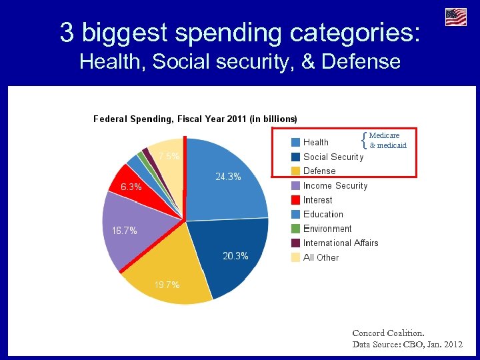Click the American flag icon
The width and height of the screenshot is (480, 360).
tap(456, 17)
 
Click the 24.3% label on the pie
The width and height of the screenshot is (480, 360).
tap(228, 177)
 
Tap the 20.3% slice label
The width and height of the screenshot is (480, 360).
tap(235, 256)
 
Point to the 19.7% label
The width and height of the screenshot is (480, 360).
tap(167, 285)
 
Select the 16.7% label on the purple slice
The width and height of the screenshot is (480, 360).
tap(125, 231)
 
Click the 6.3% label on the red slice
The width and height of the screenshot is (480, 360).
tap(131, 187)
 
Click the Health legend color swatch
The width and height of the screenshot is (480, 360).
tap(295, 142)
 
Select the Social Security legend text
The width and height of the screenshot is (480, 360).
tap(333, 157)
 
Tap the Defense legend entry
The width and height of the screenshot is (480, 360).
tap(319, 171)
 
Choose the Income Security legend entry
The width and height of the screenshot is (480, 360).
tap(335, 186)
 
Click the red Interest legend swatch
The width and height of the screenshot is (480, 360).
tap(295, 200)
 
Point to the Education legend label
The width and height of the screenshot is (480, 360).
tap(323, 215)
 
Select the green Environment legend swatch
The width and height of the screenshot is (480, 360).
tap(295, 229)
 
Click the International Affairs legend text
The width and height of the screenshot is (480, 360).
tap(341, 243)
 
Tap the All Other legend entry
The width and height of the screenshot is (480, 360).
tap(321, 257)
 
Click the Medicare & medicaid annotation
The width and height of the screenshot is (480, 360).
tap(387, 140)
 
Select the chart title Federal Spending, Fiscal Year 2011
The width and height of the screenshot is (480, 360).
tap(195, 119)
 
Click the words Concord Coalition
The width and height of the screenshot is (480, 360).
tap(388, 333)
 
